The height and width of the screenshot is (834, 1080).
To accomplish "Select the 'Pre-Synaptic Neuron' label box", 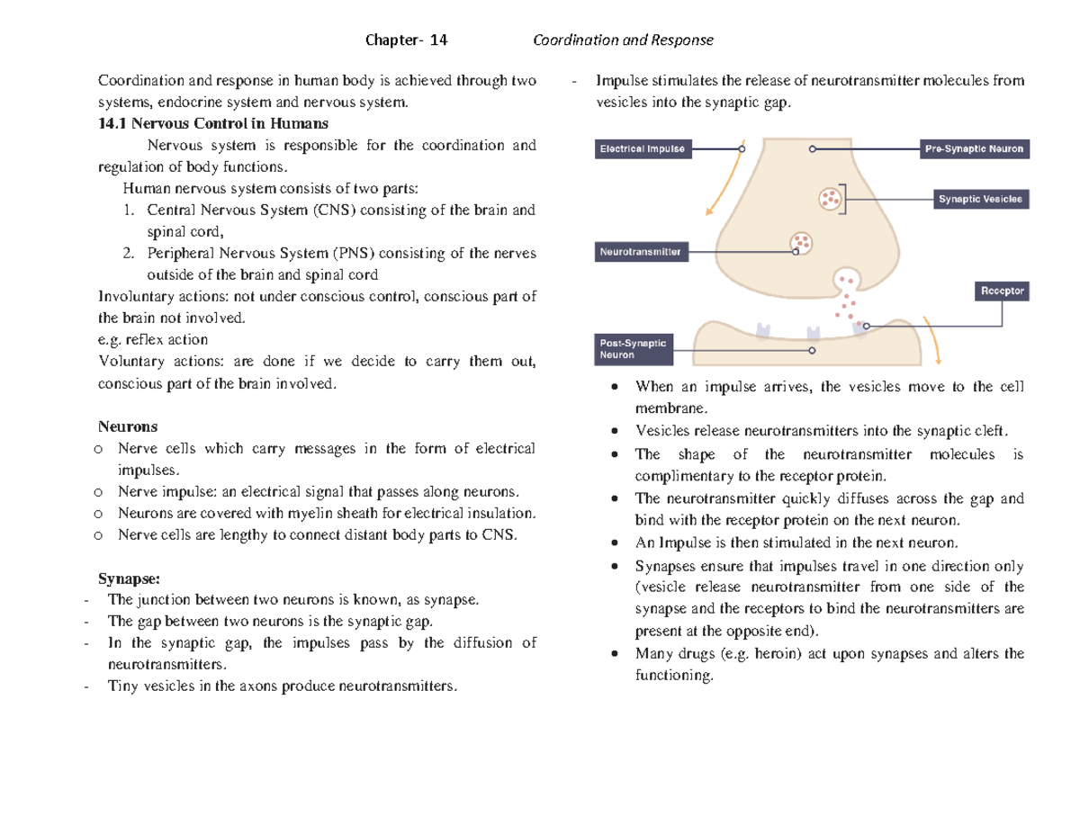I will (x=973, y=149).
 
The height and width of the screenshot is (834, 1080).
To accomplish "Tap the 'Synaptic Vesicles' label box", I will (x=980, y=200).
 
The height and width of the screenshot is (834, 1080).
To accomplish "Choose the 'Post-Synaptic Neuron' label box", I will (x=635, y=349).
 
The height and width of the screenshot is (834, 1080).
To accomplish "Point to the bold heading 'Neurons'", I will (x=127, y=426).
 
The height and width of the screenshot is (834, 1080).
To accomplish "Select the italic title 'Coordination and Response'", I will (x=623, y=40).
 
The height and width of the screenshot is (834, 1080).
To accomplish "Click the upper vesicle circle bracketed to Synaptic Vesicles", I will (x=830, y=197).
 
